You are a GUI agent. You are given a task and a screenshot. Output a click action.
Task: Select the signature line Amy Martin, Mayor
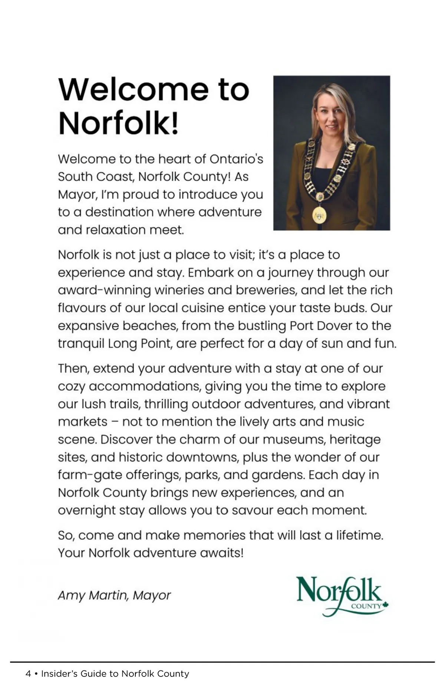[114, 595]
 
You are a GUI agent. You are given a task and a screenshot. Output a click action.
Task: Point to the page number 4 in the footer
[28, 674]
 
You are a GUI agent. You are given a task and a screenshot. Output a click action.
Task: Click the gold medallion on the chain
[319, 214]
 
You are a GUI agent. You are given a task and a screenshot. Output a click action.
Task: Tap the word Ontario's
[236, 159]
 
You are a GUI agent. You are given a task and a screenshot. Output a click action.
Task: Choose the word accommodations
[145, 386]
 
